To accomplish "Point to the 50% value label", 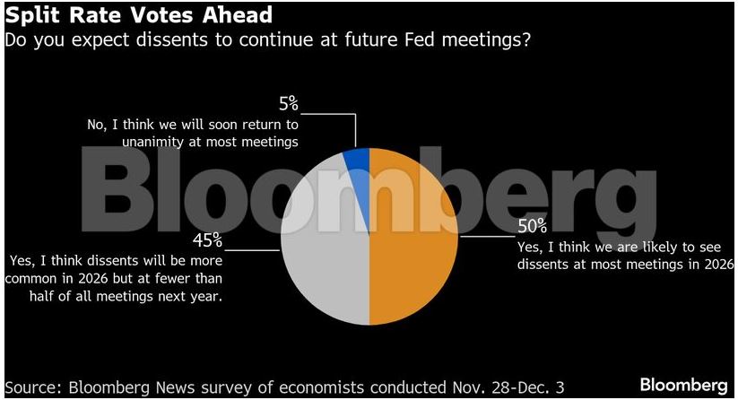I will click(531, 226).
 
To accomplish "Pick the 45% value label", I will click(208, 240).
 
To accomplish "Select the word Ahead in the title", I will click(234, 16).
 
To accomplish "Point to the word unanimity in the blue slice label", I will click(154, 142).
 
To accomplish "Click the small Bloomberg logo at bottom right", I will click(683, 386).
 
